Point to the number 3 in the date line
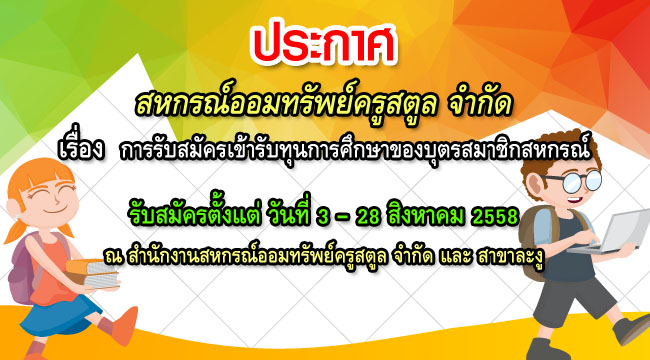pyautogui.click(x=351, y=215)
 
